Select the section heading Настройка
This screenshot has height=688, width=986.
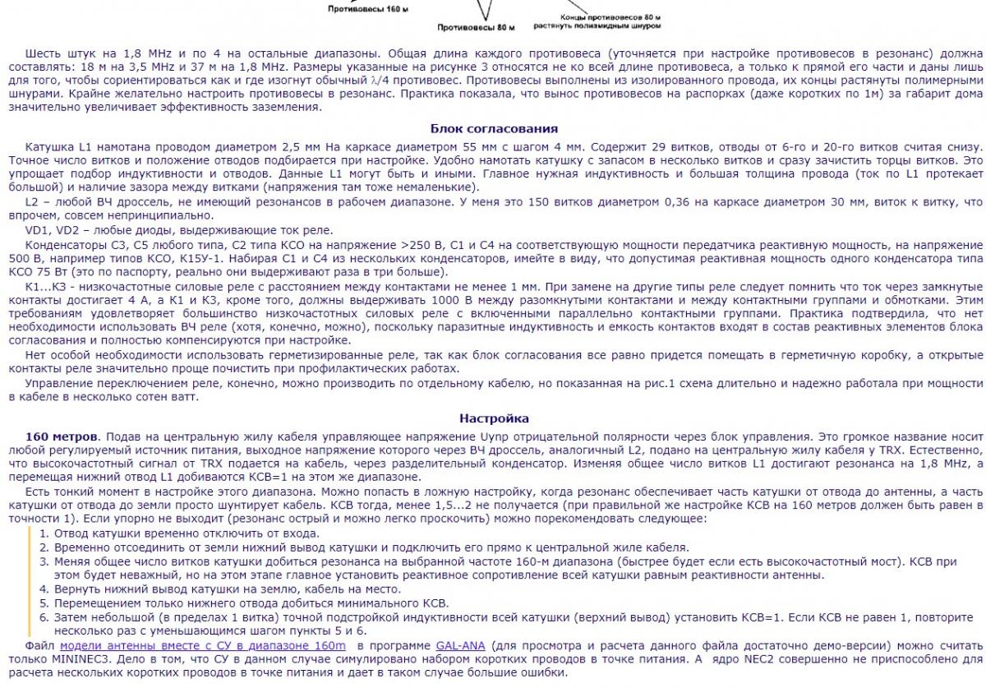tap(494, 418)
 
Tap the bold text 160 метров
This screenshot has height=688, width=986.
tap(62, 436)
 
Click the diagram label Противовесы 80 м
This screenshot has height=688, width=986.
tap(476, 27)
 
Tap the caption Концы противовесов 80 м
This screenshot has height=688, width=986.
tap(610, 16)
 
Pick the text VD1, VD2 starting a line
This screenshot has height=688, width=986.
tap(53, 230)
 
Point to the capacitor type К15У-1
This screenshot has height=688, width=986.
tap(164, 258)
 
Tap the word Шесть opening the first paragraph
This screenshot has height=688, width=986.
tap(44, 53)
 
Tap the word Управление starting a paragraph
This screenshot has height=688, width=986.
tap(59, 383)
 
